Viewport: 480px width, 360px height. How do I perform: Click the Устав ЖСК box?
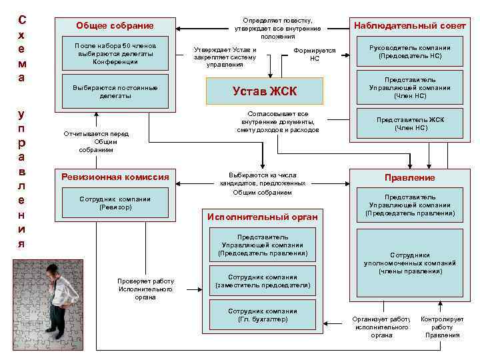264,91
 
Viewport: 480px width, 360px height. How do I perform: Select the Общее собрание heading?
115,26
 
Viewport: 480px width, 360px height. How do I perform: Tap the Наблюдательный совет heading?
409,26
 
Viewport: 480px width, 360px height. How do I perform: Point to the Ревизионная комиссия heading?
115,177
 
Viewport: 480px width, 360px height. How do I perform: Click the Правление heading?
409,177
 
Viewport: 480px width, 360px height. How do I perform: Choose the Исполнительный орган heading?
263,217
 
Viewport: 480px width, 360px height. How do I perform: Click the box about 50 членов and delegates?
115,53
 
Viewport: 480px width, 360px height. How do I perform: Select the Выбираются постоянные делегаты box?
115,92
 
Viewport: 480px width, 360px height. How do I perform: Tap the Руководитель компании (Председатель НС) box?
409,52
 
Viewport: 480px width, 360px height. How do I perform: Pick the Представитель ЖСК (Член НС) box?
409,123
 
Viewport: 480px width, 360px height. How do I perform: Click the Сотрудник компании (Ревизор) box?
115,203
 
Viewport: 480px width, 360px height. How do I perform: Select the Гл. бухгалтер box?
263,315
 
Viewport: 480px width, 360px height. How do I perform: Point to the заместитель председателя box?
263,281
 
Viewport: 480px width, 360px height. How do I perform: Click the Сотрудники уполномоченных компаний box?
409,263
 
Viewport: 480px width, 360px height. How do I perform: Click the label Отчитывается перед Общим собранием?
96,142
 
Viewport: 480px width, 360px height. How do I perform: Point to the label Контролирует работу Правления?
442,327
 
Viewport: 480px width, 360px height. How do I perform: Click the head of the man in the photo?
53,271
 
